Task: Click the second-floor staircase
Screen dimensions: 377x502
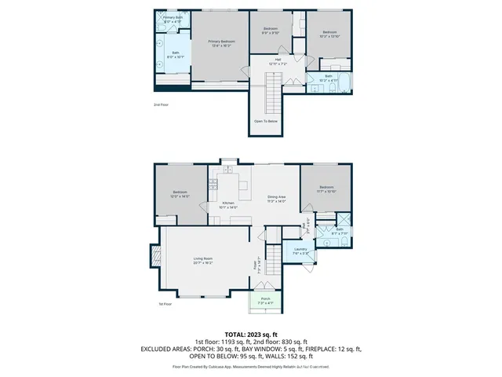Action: tap(272, 91)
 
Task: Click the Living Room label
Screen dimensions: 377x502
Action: tap(203, 261)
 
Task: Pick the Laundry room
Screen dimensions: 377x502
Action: tap(301, 252)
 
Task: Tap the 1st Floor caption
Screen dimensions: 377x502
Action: tap(165, 303)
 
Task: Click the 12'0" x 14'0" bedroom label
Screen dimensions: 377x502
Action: tap(180, 194)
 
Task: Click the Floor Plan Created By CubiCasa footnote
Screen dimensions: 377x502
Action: tap(251, 366)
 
